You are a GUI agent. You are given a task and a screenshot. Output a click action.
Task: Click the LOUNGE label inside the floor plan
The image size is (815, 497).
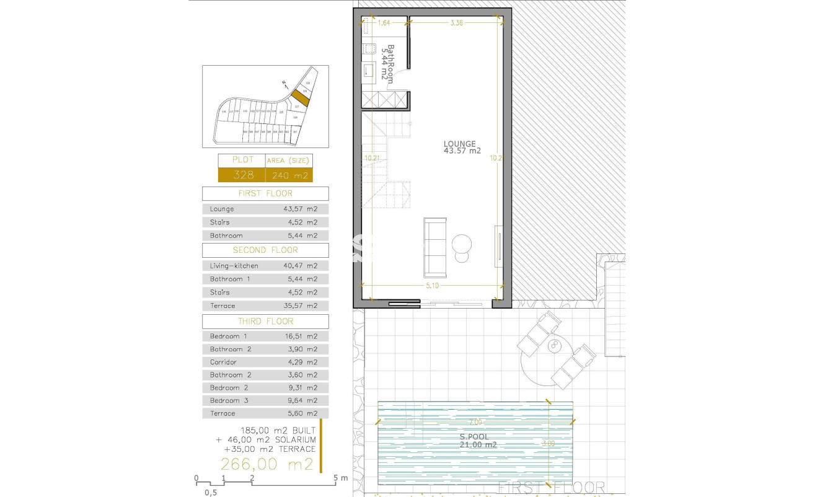point(459,144)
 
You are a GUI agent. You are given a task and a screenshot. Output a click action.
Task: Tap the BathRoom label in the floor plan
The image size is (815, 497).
point(387,63)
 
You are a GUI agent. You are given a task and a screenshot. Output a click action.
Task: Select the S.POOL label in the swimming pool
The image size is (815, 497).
point(472,436)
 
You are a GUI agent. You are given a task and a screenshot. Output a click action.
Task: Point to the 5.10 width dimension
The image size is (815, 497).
point(433,286)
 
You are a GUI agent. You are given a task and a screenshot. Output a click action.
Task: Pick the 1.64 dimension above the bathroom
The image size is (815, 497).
point(384,23)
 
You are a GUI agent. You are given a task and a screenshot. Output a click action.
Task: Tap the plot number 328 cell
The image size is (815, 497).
point(242,175)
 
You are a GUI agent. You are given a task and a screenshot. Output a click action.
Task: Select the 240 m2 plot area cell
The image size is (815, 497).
point(289,175)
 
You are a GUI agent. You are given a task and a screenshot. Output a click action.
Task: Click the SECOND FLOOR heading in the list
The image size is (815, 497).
point(265,250)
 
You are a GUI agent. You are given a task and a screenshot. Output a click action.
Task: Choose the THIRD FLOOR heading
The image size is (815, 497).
point(265,322)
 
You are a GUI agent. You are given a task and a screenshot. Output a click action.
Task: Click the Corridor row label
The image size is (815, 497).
point(223,362)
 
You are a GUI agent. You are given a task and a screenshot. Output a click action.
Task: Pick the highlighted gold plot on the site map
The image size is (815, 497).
point(301,97)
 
